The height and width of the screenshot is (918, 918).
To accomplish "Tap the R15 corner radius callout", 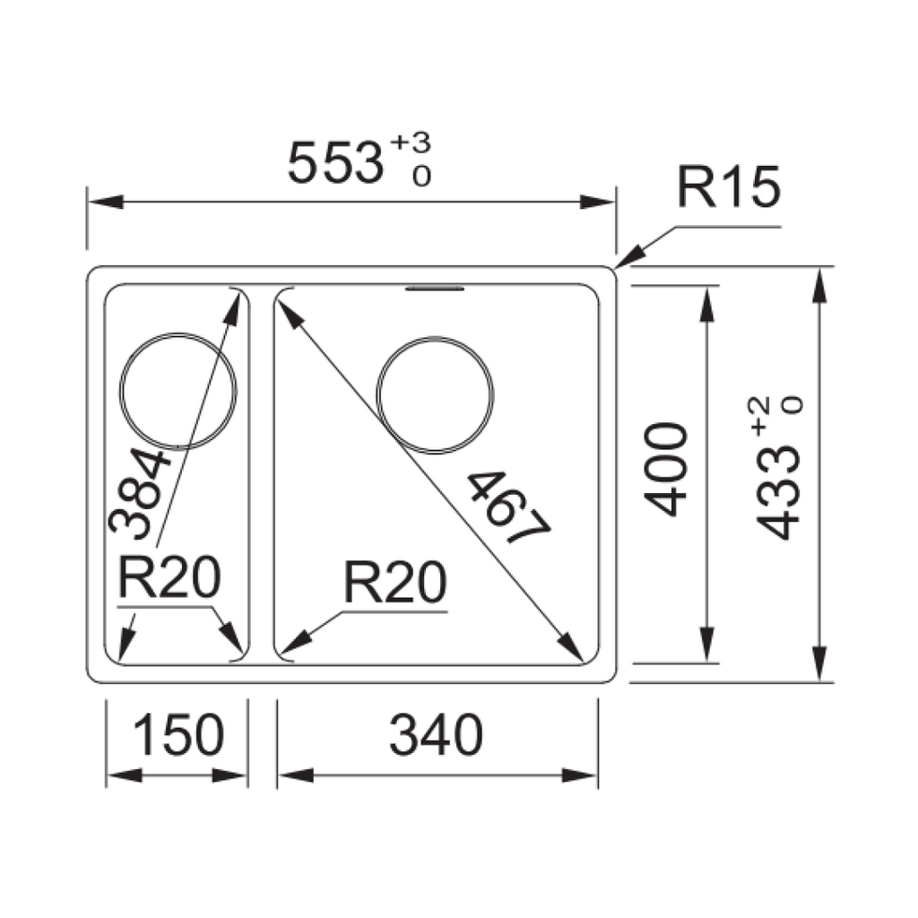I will (x=728, y=189).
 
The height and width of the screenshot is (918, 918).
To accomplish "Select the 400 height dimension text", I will (x=668, y=470).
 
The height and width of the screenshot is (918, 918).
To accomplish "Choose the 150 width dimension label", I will (x=178, y=736).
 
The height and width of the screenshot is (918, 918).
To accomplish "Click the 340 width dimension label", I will (x=437, y=736).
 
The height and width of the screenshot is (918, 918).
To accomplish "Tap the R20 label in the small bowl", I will (x=169, y=580).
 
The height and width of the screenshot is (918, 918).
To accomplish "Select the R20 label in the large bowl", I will (x=394, y=585).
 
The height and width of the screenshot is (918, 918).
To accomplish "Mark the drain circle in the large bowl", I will (x=436, y=392).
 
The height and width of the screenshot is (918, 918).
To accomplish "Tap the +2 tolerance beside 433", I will (x=761, y=412).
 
